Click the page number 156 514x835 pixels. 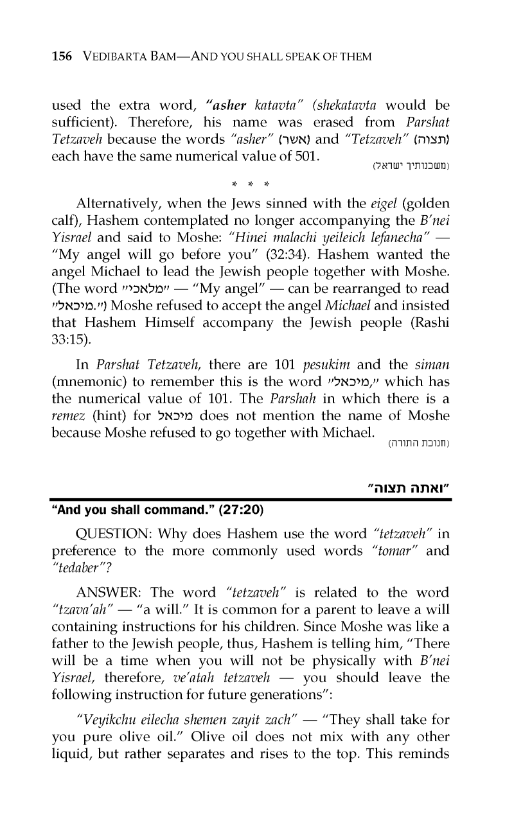[62, 57]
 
